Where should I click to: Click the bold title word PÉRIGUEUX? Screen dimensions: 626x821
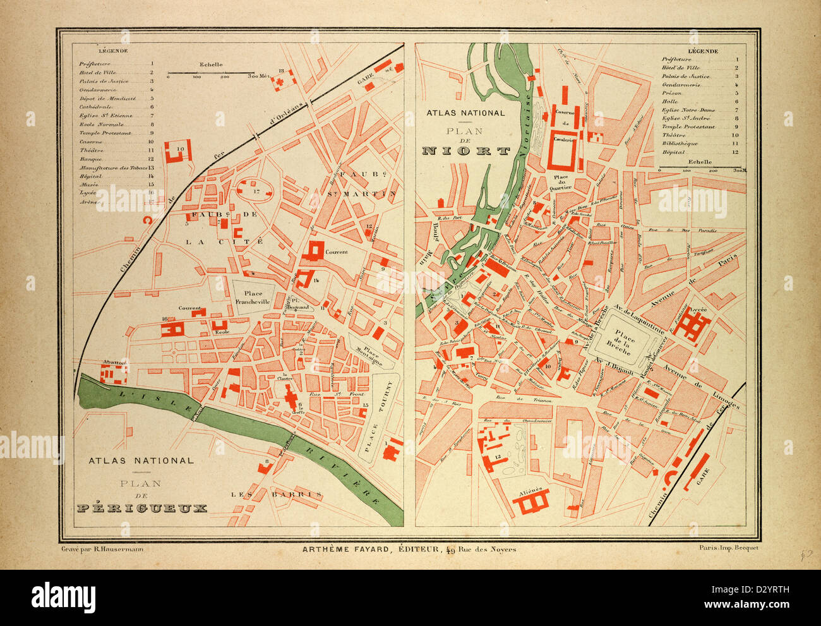[141, 507]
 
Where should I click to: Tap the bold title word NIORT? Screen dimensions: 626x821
[466, 151]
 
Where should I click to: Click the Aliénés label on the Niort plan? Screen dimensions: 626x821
[530, 487]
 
